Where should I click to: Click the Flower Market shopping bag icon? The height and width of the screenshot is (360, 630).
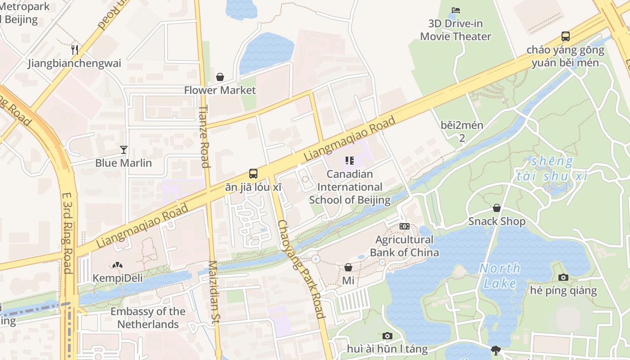pos(220,77)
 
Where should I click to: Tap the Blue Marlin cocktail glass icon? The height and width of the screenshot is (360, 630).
pos(124,149)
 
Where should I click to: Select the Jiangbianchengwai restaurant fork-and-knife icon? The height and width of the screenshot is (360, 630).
pos(75,49)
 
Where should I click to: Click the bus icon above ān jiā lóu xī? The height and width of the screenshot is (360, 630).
pos(253,174)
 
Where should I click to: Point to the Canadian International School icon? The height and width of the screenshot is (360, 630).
pos(350,161)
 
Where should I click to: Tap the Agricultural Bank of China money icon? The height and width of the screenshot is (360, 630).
pos(404,226)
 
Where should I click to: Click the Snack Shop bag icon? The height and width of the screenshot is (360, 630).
pos(497,208)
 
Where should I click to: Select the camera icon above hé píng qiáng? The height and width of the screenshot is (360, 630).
pos(563,277)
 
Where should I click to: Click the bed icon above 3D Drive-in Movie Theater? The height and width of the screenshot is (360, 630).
pos(456,10)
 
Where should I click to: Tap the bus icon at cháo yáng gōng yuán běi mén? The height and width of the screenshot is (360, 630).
pos(566,36)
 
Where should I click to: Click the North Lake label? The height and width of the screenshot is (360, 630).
pos(499,276)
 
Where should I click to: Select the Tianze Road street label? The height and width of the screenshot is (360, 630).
pos(205,136)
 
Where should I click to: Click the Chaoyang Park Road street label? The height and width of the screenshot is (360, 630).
pos(301,269)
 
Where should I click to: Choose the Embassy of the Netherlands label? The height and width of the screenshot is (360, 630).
pos(148,318)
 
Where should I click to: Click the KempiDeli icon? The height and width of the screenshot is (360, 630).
pos(117,265)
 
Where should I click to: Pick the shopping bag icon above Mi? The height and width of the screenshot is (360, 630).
pos(348,267)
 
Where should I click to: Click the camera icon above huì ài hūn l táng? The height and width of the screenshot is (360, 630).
pos(387,336)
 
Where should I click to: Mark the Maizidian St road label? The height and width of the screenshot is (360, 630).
pos(214,292)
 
